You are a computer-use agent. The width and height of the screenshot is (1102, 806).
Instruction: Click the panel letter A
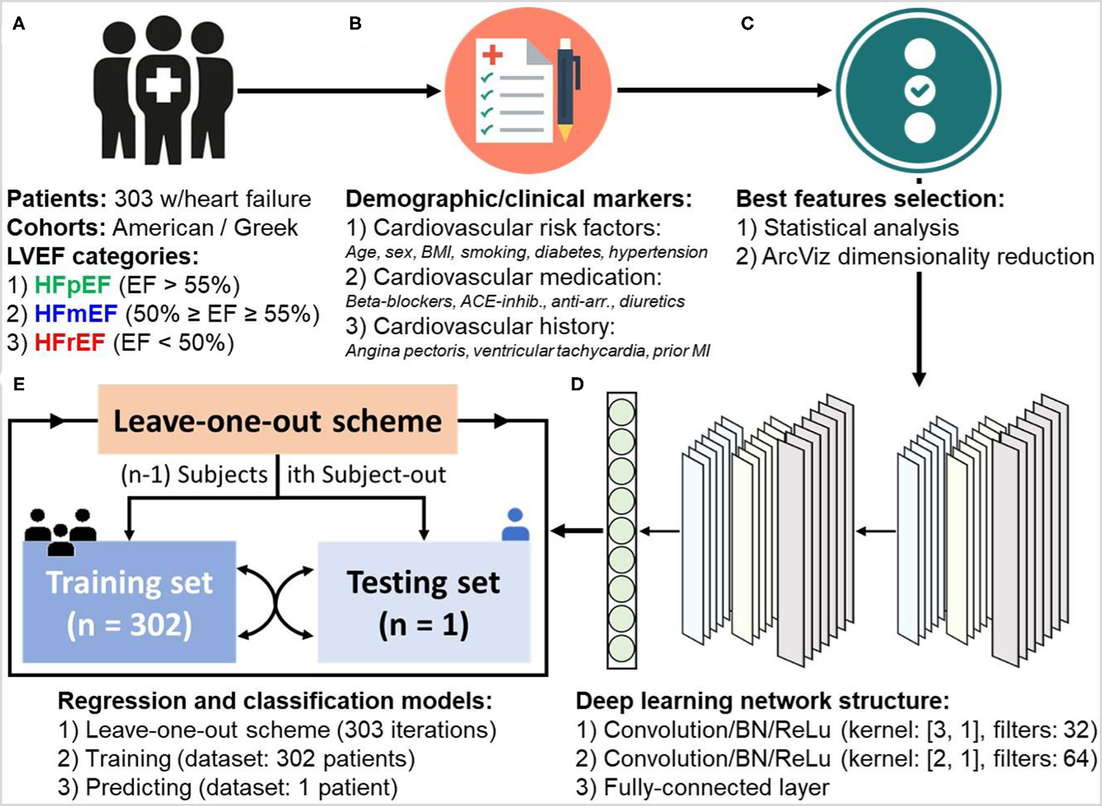(19, 24)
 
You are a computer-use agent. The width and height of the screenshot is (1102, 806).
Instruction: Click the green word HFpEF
(72, 285)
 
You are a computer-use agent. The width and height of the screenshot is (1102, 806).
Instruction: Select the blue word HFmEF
(76, 314)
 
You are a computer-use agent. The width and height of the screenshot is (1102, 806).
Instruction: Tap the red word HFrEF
(70, 342)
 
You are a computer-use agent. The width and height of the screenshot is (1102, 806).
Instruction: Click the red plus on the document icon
(492, 55)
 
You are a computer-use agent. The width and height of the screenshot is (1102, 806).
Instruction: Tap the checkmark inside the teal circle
(919, 91)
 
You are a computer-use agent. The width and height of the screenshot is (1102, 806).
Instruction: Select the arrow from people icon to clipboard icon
(339, 91)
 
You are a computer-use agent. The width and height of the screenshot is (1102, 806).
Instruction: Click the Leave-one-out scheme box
(277, 420)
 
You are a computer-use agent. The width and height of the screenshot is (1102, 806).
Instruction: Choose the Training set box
(129, 602)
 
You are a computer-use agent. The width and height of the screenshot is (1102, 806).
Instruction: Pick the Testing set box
(424, 602)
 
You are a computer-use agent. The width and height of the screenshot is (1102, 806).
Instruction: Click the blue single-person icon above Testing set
(515, 525)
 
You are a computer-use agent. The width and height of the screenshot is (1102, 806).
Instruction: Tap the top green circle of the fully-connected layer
(621, 412)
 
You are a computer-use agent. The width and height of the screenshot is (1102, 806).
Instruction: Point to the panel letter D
(577, 384)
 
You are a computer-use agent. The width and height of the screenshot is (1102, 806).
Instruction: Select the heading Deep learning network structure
(762, 701)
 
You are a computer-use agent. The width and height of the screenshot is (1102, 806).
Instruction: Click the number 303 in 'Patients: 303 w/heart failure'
(133, 199)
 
